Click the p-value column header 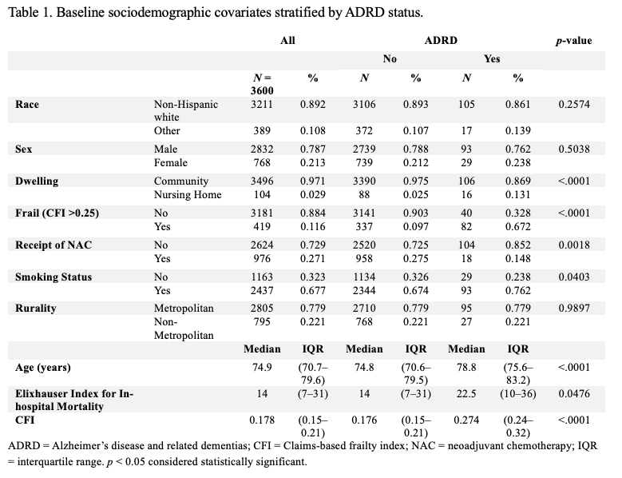point(573,41)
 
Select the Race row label point(27,105)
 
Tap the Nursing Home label point(188,194)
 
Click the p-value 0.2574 point(574,105)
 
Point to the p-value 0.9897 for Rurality point(574,308)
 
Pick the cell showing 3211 point(262,105)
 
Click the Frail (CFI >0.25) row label point(57,213)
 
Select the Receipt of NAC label point(53,245)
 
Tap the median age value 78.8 point(466,367)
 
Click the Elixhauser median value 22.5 point(466,394)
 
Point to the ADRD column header point(441,41)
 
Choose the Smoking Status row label point(53,277)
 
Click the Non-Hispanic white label point(186,111)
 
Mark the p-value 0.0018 point(574,245)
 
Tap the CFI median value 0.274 point(466,420)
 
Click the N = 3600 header point(262,84)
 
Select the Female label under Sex point(171,163)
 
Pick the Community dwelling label point(181,181)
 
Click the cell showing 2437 point(262,291)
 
